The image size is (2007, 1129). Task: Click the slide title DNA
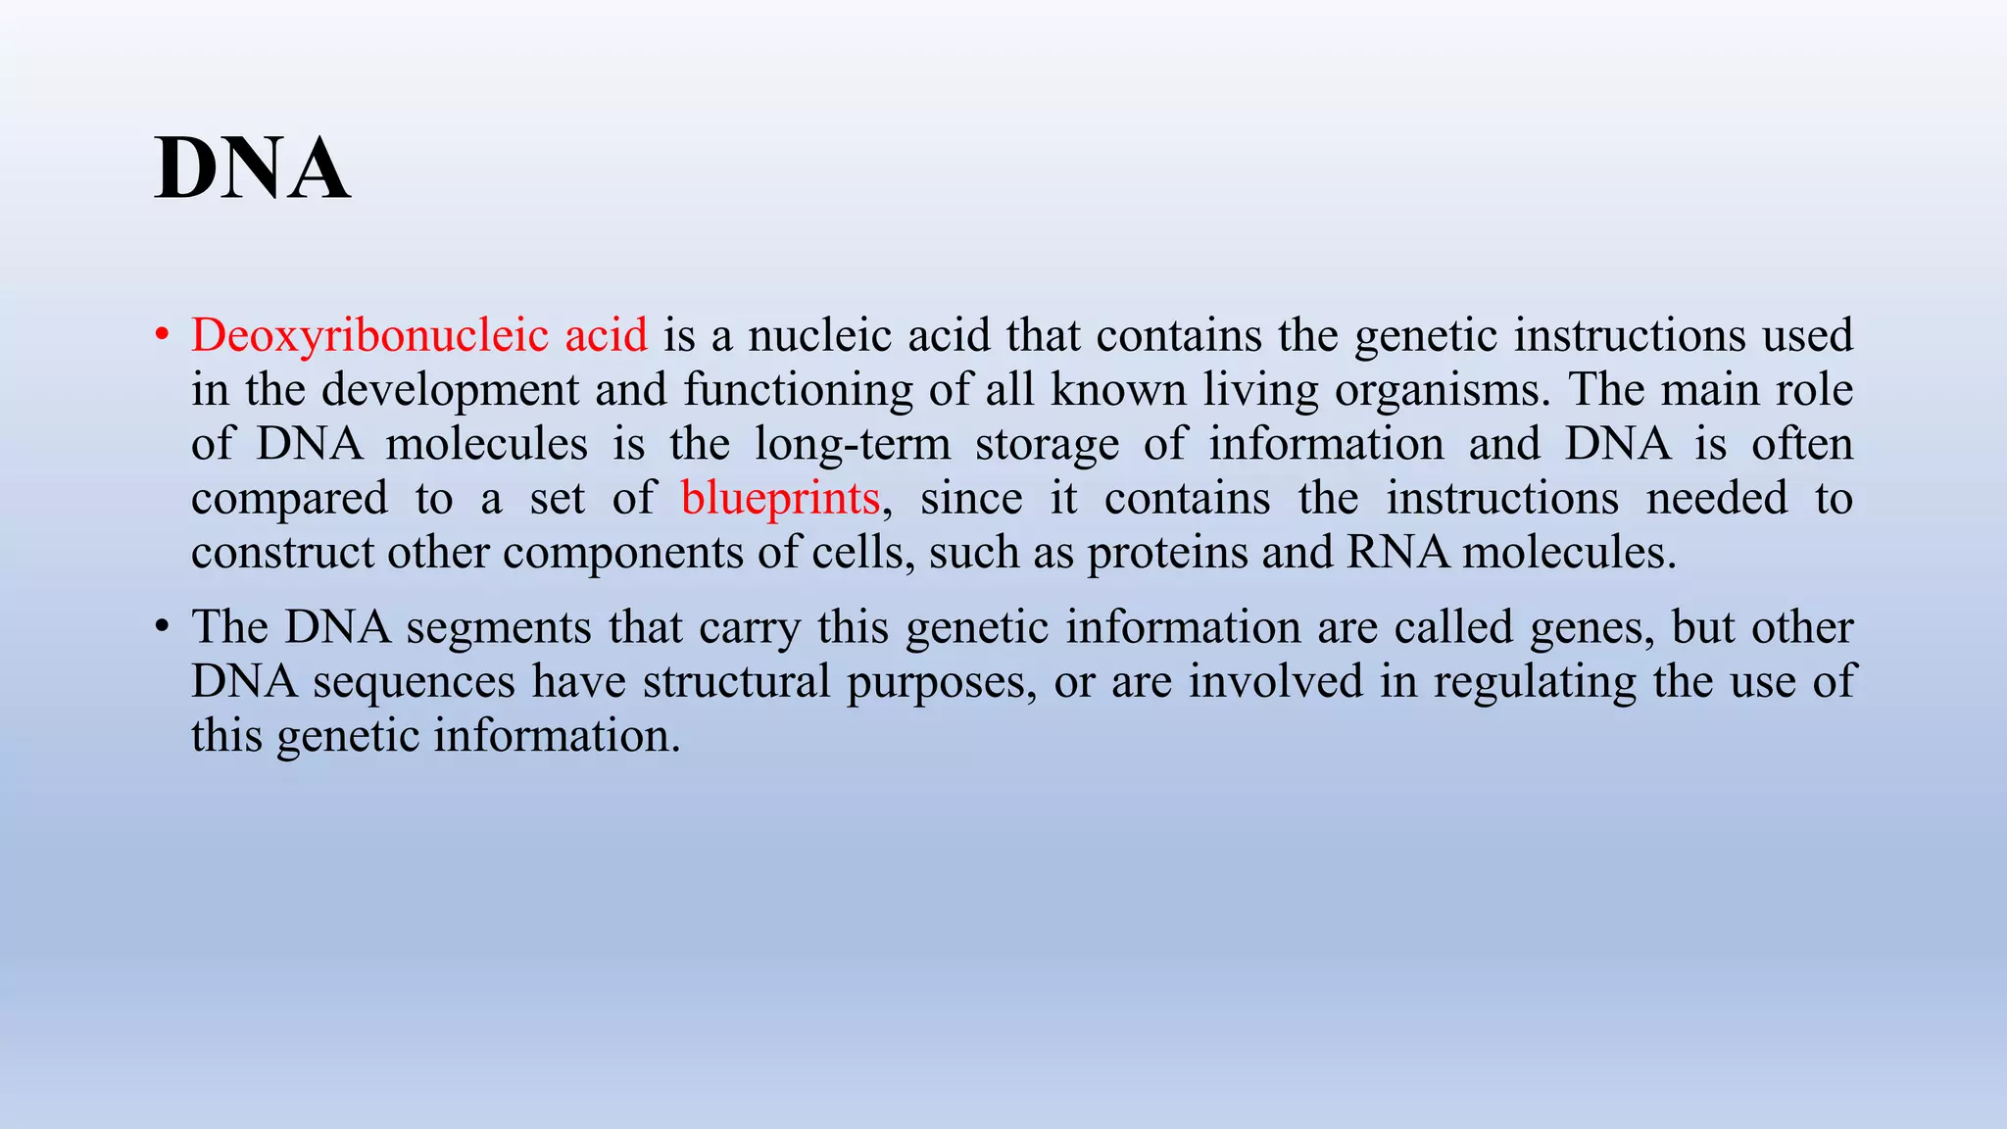point(252,169)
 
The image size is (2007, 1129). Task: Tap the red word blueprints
point(780,499)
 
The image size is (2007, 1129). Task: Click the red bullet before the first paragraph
point(163,336)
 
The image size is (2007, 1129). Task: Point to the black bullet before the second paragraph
point(163,628)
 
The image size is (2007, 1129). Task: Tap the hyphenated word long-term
point(853,445)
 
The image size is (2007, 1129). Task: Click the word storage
point(1047,445)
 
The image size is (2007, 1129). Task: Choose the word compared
point(289,500)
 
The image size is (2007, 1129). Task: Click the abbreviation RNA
point(1398,552)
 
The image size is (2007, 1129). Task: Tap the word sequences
point(414,682)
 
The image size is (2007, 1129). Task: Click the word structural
point(737,682)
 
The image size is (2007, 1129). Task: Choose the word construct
point(282,554)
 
